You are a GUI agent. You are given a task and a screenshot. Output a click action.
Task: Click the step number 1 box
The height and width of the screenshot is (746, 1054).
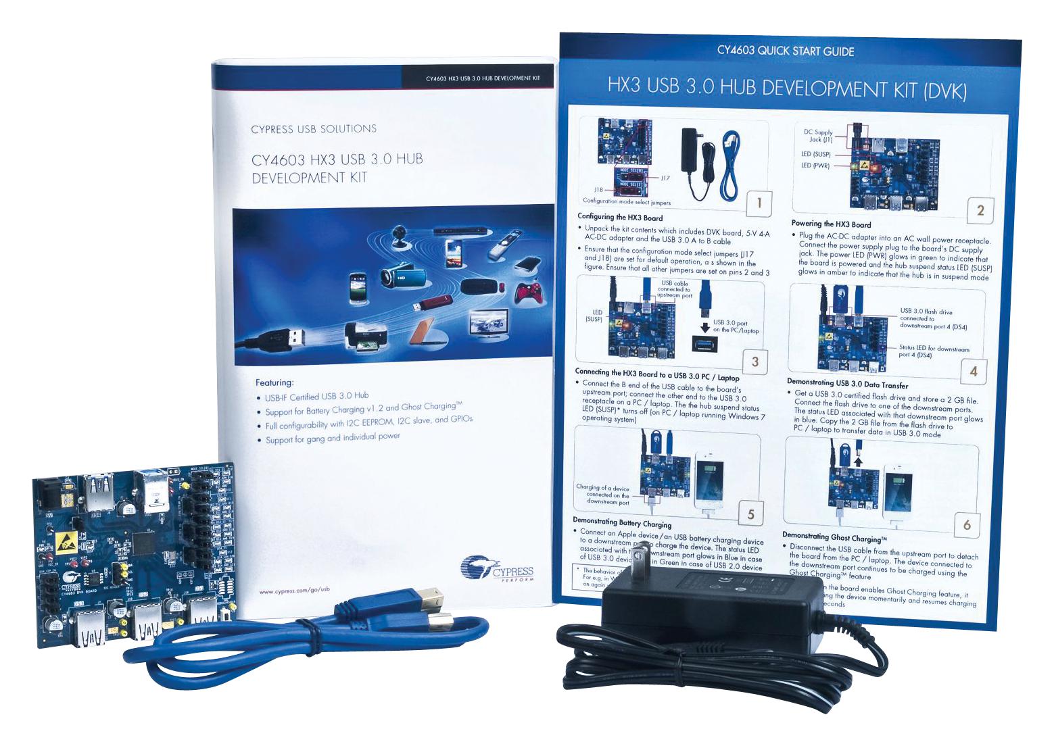[x=759, y=202]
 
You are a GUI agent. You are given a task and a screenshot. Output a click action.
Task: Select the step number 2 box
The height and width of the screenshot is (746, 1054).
[x=980, y=211]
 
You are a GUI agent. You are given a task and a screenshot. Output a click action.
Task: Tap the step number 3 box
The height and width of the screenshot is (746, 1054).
[x=755, y=362]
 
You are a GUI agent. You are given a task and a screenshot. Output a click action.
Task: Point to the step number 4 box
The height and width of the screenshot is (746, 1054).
[x=973, y=371]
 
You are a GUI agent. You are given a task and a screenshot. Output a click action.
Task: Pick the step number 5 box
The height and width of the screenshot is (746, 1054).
[x=750, y=514]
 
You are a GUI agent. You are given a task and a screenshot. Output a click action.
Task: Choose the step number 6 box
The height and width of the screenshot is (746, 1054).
[x=967, y=524]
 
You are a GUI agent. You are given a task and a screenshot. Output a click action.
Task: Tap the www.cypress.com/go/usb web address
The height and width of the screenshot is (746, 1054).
[x=294, y=590]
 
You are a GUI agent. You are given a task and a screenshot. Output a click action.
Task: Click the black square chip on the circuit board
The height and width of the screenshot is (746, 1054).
[x=145, y=541]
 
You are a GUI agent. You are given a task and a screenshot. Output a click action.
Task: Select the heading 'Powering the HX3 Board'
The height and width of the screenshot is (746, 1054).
[x=831, y=224]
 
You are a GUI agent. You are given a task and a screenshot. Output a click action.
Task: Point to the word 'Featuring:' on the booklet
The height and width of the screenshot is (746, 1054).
[x=274, y=382]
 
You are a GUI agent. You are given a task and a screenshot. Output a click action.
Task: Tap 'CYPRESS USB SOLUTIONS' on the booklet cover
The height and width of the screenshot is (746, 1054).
[x=314, y=129]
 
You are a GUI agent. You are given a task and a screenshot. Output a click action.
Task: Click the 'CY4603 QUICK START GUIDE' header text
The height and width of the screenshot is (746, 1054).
[x=786, y=51]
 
